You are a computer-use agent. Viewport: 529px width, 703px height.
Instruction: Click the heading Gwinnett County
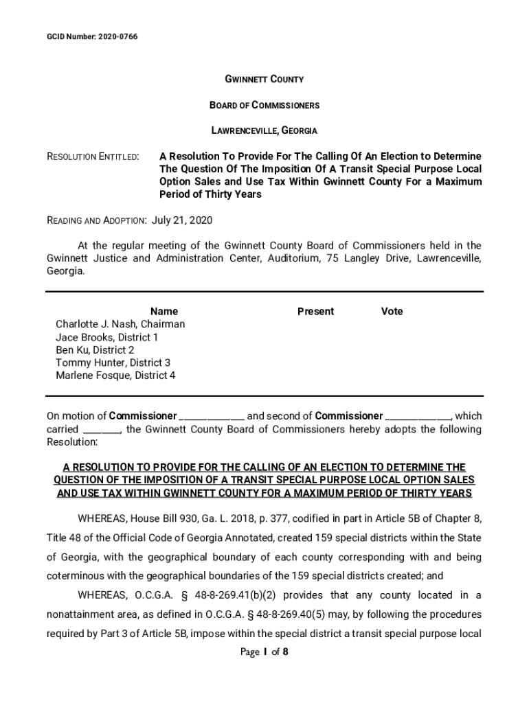click(x=264, y=80)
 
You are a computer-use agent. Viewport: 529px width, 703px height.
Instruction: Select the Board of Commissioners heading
click(x=264, y=105)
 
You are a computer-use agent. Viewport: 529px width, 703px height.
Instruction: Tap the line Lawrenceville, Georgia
click(x=264, y=130)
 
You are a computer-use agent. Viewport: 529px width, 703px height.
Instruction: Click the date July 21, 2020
click(x=181, y=220)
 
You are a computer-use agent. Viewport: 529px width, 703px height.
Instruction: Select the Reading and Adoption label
click(x=95, y=221)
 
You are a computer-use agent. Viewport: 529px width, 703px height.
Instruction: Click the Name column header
click(x=164, y=312)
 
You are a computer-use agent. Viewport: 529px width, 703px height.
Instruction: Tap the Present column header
click(x=315, y=312)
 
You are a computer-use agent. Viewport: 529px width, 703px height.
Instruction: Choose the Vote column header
click(x=392, y=312)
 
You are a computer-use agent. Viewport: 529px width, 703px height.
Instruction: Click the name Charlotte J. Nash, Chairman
click(x=120, y=324)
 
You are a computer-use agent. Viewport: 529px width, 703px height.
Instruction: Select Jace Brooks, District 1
click(x=107, y=337)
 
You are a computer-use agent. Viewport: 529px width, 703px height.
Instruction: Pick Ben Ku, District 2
click(x=95, y=350)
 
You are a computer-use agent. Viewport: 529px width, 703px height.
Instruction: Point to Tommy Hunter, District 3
click(x=113, y=362)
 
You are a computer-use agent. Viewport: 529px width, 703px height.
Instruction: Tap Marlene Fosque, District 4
click(x=115, y=376)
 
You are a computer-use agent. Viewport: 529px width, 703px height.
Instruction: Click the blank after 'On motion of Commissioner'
click(x=212, y=417)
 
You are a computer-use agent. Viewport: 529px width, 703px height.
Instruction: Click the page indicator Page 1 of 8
click(x=264, y=652)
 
